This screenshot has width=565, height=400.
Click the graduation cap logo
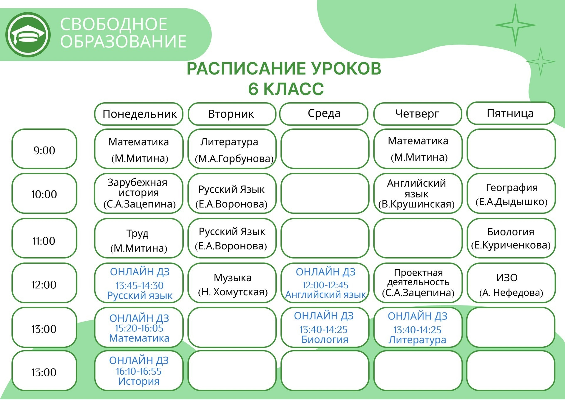pos(28,35)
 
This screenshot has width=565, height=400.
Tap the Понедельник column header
pos(139,114)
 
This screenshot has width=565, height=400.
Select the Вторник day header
pos(232,114)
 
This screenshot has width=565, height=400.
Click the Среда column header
pos(324,113)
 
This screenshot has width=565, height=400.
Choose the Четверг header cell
pos(418,113)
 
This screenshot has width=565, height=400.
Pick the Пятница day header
pos(511,113)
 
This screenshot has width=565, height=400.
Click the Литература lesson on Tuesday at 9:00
pos(232,149)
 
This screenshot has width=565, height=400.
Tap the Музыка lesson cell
pos(232,283)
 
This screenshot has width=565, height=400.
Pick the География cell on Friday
pos(511,193)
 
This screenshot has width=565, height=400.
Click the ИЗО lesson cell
pos(511,283)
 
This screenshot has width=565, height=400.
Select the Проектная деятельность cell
pos(418,283)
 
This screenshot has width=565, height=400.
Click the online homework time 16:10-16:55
pos(139,371)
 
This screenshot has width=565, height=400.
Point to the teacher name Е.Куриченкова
pos(511,245)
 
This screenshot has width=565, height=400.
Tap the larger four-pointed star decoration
pos(515,25)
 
